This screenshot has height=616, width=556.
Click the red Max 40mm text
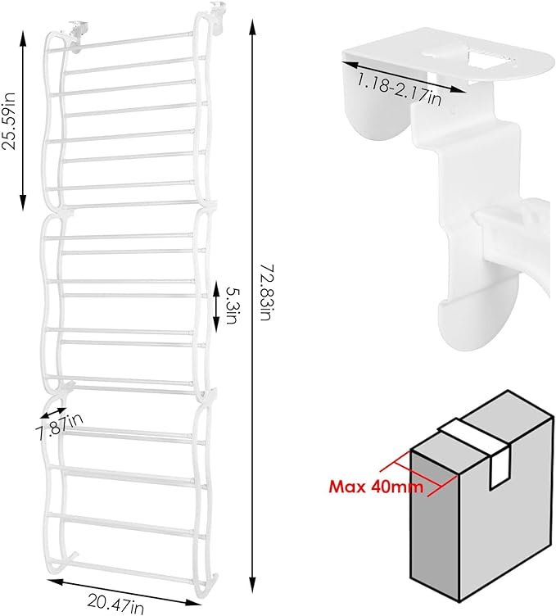[x=377, y=487]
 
